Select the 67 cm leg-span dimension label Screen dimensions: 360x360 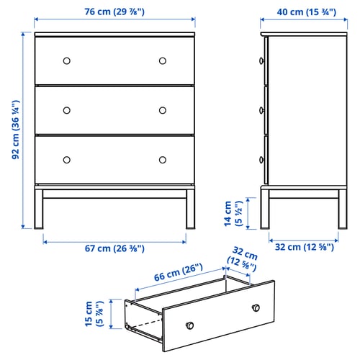click(x=115, y=248)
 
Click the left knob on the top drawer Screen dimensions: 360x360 click(x=67, y=60)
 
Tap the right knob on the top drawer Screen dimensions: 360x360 click(x=163, y=60)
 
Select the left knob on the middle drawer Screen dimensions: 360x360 click(x=67, y=110)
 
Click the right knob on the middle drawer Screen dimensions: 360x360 click(x=163, y=110)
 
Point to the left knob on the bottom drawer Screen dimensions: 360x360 click(x=67, y=159)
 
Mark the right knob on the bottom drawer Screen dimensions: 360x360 click(x=163, y=159)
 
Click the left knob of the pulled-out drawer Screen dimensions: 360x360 click(x=189, y=325)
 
